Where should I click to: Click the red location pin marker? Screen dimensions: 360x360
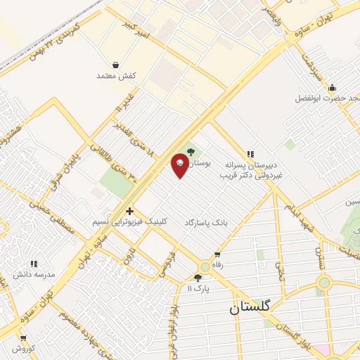coord(180,165)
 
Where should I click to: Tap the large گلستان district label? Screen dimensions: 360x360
coord(252,308)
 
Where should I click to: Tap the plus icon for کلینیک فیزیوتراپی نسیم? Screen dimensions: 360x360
coord(129,210)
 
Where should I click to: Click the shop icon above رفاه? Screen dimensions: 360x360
coord(217,255)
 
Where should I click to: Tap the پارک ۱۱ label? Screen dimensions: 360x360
coord(199,288)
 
